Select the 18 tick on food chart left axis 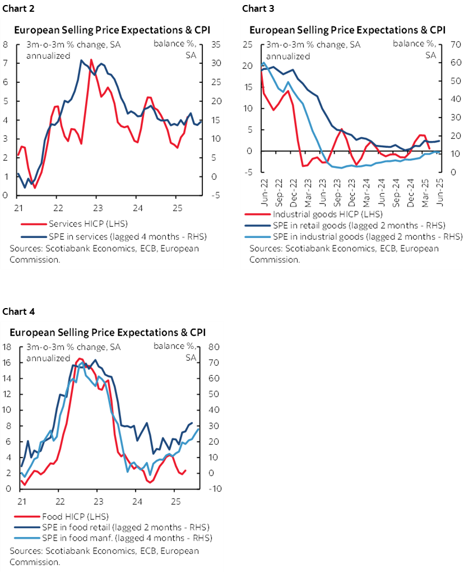click(x=7, y=347)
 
